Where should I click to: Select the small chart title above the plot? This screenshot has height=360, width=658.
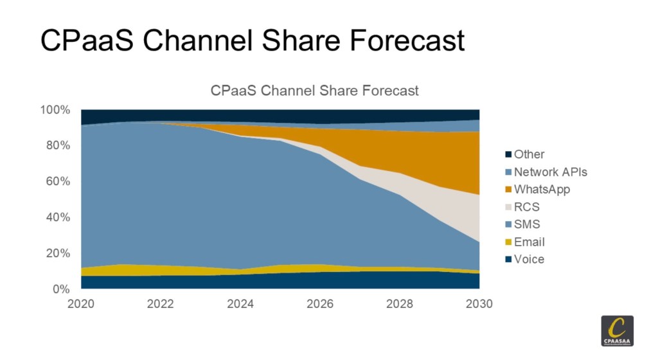pos(314,91)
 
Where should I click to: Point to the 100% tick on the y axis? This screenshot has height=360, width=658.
pos(55,110)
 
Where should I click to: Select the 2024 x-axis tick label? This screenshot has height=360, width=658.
pos(240,304)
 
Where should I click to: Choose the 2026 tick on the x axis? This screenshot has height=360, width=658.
pos(319,304)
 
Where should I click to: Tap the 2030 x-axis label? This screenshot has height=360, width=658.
pos(478,304)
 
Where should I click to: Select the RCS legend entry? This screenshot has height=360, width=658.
pos(526,207)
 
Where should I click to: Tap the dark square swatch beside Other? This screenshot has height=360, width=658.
pos(508,155)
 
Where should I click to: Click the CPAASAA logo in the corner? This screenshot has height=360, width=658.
pos(617,331)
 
